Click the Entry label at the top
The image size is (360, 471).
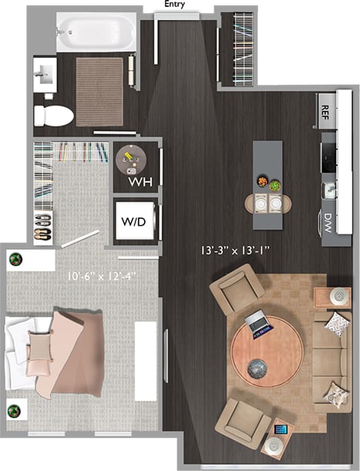click(x=176, y=5)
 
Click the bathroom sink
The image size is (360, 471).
click(x=44, y=76)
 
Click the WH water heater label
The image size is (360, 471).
click(x=139, y=182)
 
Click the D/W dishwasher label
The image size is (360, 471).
click(x=327, y=223)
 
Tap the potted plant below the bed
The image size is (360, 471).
click(x=15, y=410)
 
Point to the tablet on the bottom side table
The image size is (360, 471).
click(x=279, y=428)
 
